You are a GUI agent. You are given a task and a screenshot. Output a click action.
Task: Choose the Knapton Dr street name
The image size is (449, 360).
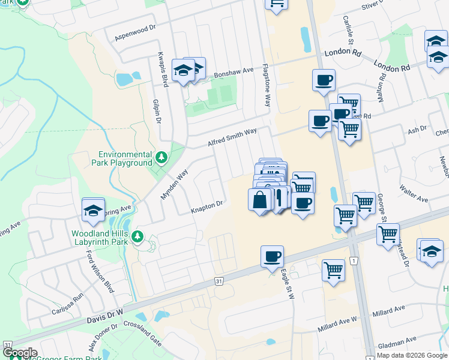point(207,206)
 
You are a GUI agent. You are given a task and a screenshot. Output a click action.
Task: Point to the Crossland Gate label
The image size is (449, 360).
point(142,332)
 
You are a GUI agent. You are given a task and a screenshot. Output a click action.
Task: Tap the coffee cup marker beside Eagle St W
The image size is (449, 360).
point(272,257)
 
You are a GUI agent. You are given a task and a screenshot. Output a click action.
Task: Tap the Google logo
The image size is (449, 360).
point(20,353)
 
